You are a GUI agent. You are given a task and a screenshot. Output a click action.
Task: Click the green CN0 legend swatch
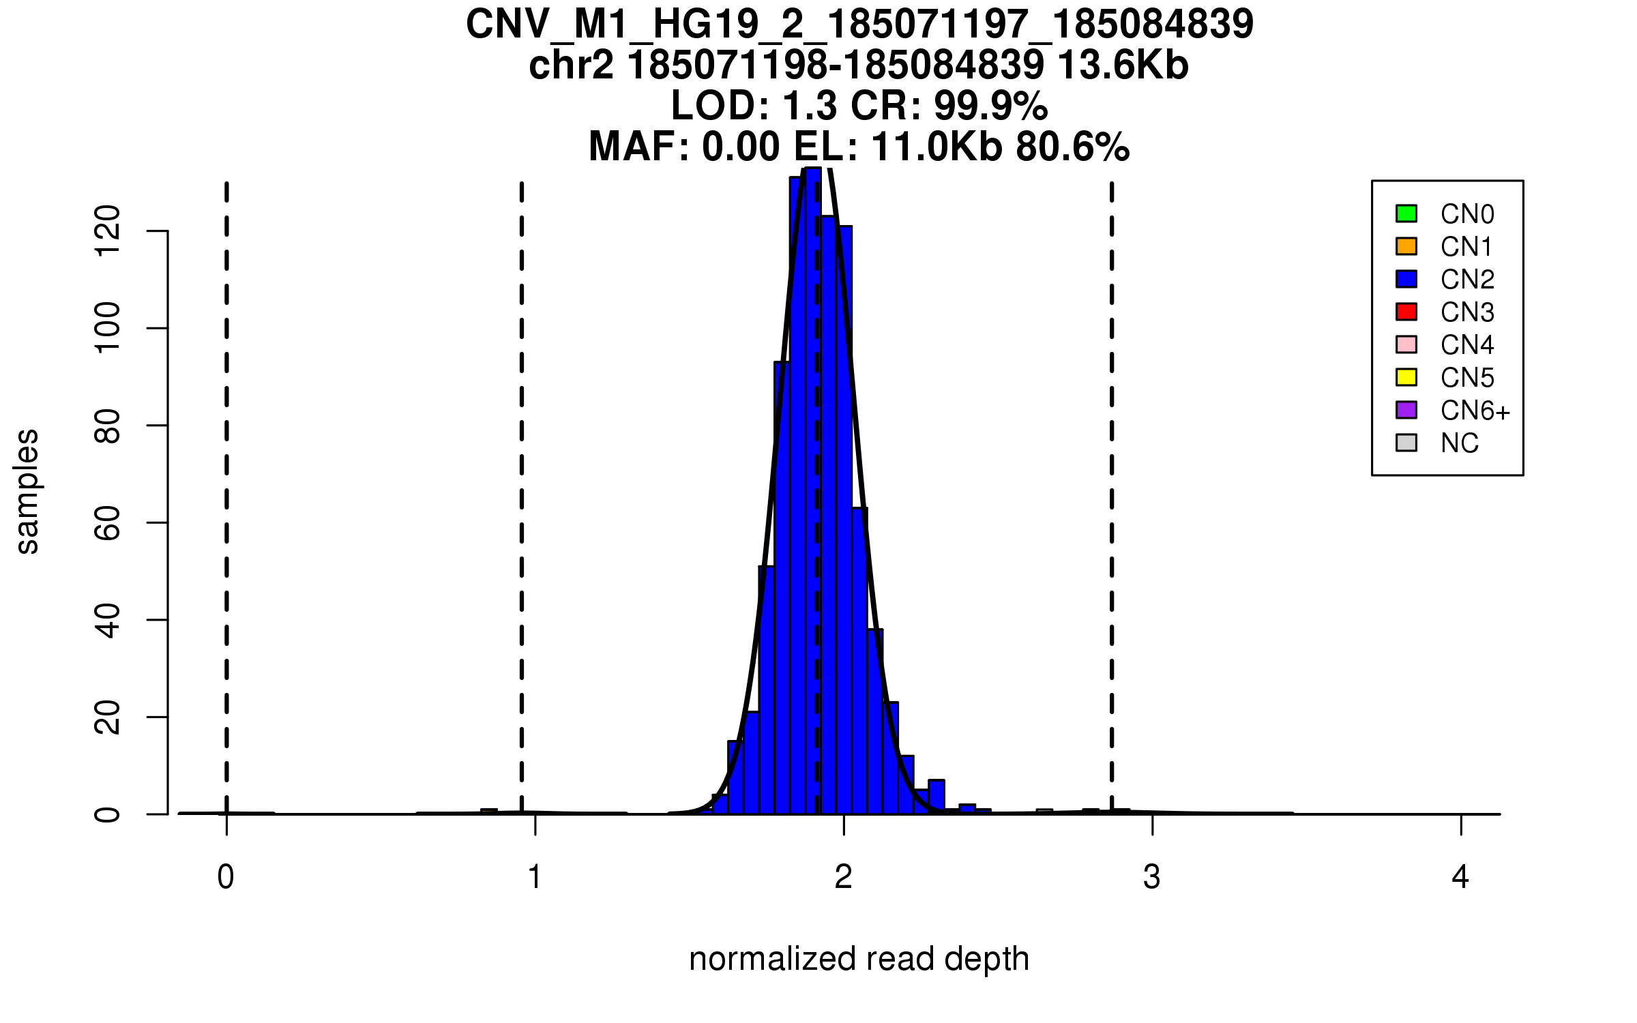point(1406,213)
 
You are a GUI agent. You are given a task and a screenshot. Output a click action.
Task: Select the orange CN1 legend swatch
point(1406,246)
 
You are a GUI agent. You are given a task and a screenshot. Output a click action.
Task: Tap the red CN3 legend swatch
point(1406,312)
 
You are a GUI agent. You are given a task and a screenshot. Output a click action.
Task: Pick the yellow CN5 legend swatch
point(1406,377)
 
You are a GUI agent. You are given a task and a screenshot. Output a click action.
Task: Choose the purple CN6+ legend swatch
point(1406,410)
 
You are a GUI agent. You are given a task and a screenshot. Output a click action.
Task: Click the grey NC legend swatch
point(1406,443)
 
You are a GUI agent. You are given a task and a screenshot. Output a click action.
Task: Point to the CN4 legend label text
point(1467,345)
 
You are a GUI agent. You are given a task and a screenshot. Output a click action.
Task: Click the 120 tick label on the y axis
point(108,231)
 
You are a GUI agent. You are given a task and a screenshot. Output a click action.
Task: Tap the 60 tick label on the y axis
point(108,522)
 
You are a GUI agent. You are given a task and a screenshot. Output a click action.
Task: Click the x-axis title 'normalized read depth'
point(859,959)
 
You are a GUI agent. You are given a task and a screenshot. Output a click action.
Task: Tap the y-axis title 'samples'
point(27,491)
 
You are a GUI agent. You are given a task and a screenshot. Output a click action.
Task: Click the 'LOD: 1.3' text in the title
point(754,106)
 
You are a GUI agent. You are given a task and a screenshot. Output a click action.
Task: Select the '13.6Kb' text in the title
point(1123,66)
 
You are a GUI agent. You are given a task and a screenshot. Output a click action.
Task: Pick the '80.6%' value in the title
point(1072,147)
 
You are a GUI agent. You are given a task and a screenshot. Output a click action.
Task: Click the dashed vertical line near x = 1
point(522,477)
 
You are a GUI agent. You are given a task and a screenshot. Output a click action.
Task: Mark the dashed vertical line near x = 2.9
point(1112,477)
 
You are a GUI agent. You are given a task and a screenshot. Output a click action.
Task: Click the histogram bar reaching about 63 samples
point(859,662)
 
